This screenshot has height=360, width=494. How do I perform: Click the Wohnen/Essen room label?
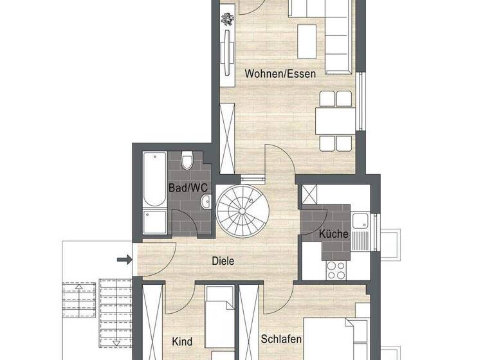280,74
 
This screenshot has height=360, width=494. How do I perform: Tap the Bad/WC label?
188,188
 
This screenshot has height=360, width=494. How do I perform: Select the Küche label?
334,235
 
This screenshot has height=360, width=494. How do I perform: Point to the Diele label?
223,261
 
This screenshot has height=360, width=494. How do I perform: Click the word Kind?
183,341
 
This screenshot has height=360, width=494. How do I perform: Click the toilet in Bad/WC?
187,159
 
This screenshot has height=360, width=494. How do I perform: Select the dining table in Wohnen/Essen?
335,120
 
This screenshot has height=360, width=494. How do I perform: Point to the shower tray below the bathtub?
154,222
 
